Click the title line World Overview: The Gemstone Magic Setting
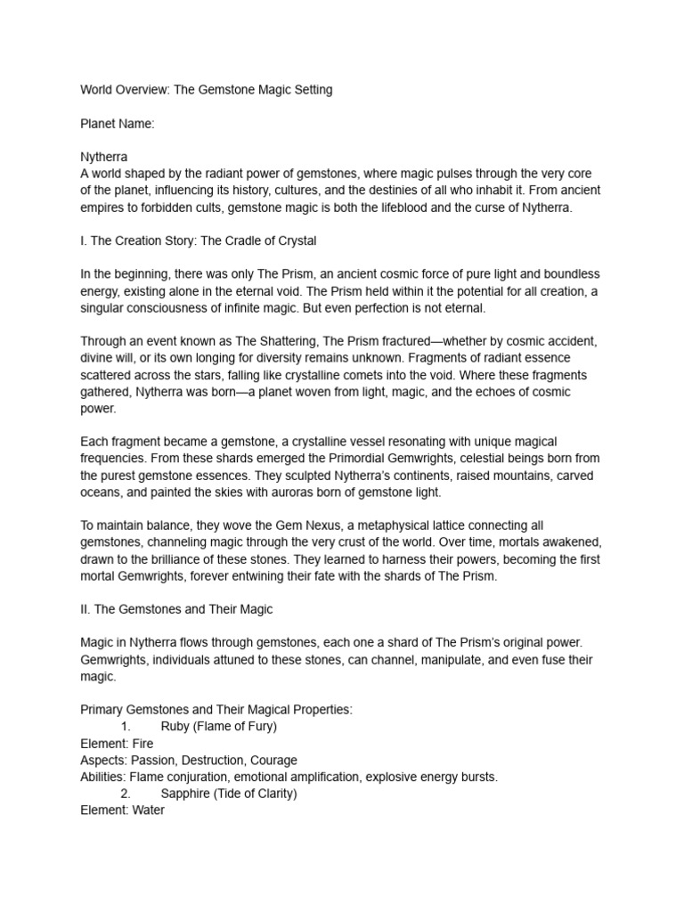(x=207, y=90)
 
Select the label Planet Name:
(x=118, y=124)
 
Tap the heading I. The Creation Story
(x=199, y=240)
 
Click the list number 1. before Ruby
(x=126, y=727)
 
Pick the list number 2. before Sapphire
(x=126, y=794)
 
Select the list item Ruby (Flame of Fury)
(x=219, y=727)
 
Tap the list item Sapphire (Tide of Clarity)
(x=229, y=794)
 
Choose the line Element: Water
(x=123, y=810)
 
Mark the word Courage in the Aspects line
(x=273, y=761)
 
